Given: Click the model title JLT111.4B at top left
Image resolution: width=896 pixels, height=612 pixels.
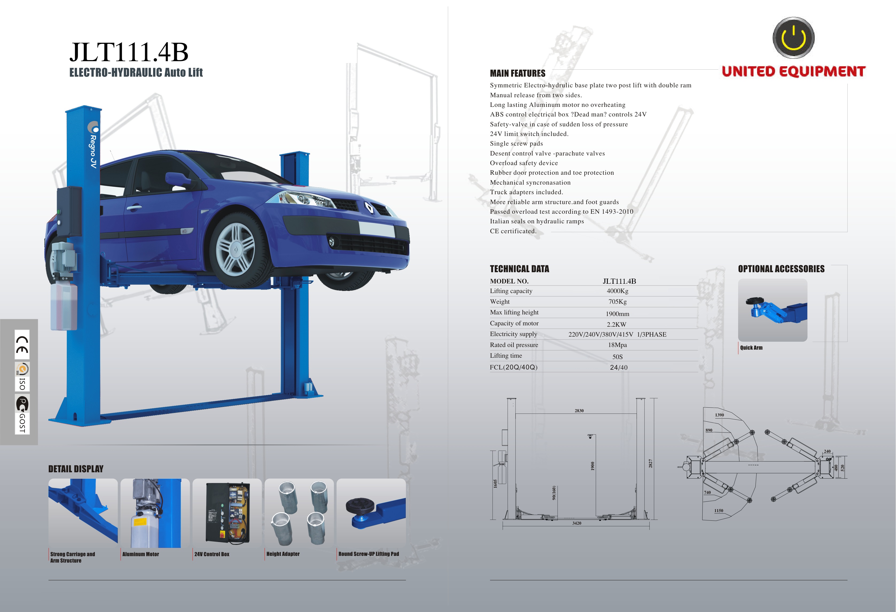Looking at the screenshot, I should pyautogui.click(x=129, y=52).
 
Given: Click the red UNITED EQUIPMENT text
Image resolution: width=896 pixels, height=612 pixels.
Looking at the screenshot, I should pyautogui.click(x=793, y=72).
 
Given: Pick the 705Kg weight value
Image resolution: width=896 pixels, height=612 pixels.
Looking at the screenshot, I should pyautogui.click(x=617, y=302).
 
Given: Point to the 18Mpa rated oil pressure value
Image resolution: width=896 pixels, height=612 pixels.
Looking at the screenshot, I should pyautogui.click(x=617, y=345).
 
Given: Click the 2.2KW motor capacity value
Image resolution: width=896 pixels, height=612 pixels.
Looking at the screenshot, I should pyautogui.click(x=617, y=324).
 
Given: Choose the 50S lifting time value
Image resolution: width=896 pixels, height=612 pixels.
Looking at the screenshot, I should pyautogui.click(x=617, y=357).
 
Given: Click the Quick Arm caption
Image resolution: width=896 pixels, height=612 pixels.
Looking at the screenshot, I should pyautogui.click(x=751, y=348).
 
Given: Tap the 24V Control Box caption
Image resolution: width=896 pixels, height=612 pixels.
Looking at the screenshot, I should pyautogui.click(x=212, y=554).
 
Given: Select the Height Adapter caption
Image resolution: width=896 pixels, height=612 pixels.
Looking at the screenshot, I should pyautogui.click(x=283, y=554).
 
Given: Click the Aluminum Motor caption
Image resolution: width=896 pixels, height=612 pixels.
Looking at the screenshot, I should pyautogui.click(x=141, y=554).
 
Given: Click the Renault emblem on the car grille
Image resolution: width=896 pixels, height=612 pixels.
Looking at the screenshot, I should pyautogui.click(x=369, y=208).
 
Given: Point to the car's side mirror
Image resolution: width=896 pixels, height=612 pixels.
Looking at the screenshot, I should pyautogui.click(x=176, y=179).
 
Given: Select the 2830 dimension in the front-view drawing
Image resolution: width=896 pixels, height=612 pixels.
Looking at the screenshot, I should pyautogui.click(x=579, y=411).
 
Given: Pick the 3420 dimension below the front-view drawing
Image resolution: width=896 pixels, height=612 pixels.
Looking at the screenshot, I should pyautogui.click(x=577, y=523).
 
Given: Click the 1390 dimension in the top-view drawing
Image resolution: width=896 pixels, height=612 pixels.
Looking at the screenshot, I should pyautogui.click(x=719, y=415).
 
